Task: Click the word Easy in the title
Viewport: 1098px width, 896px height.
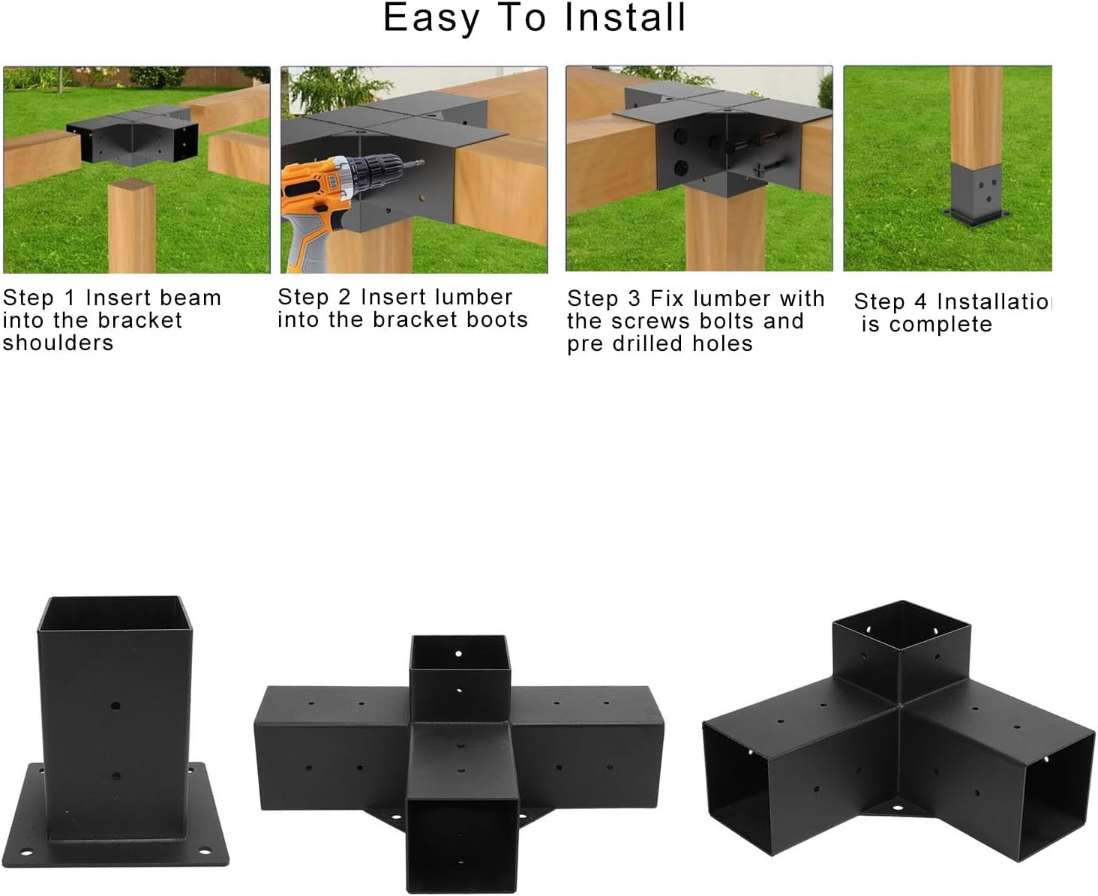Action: pyautogui.click(x=430, y=19)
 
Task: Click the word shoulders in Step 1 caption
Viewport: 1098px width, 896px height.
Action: pyautogui.click(x=58, y=343)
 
